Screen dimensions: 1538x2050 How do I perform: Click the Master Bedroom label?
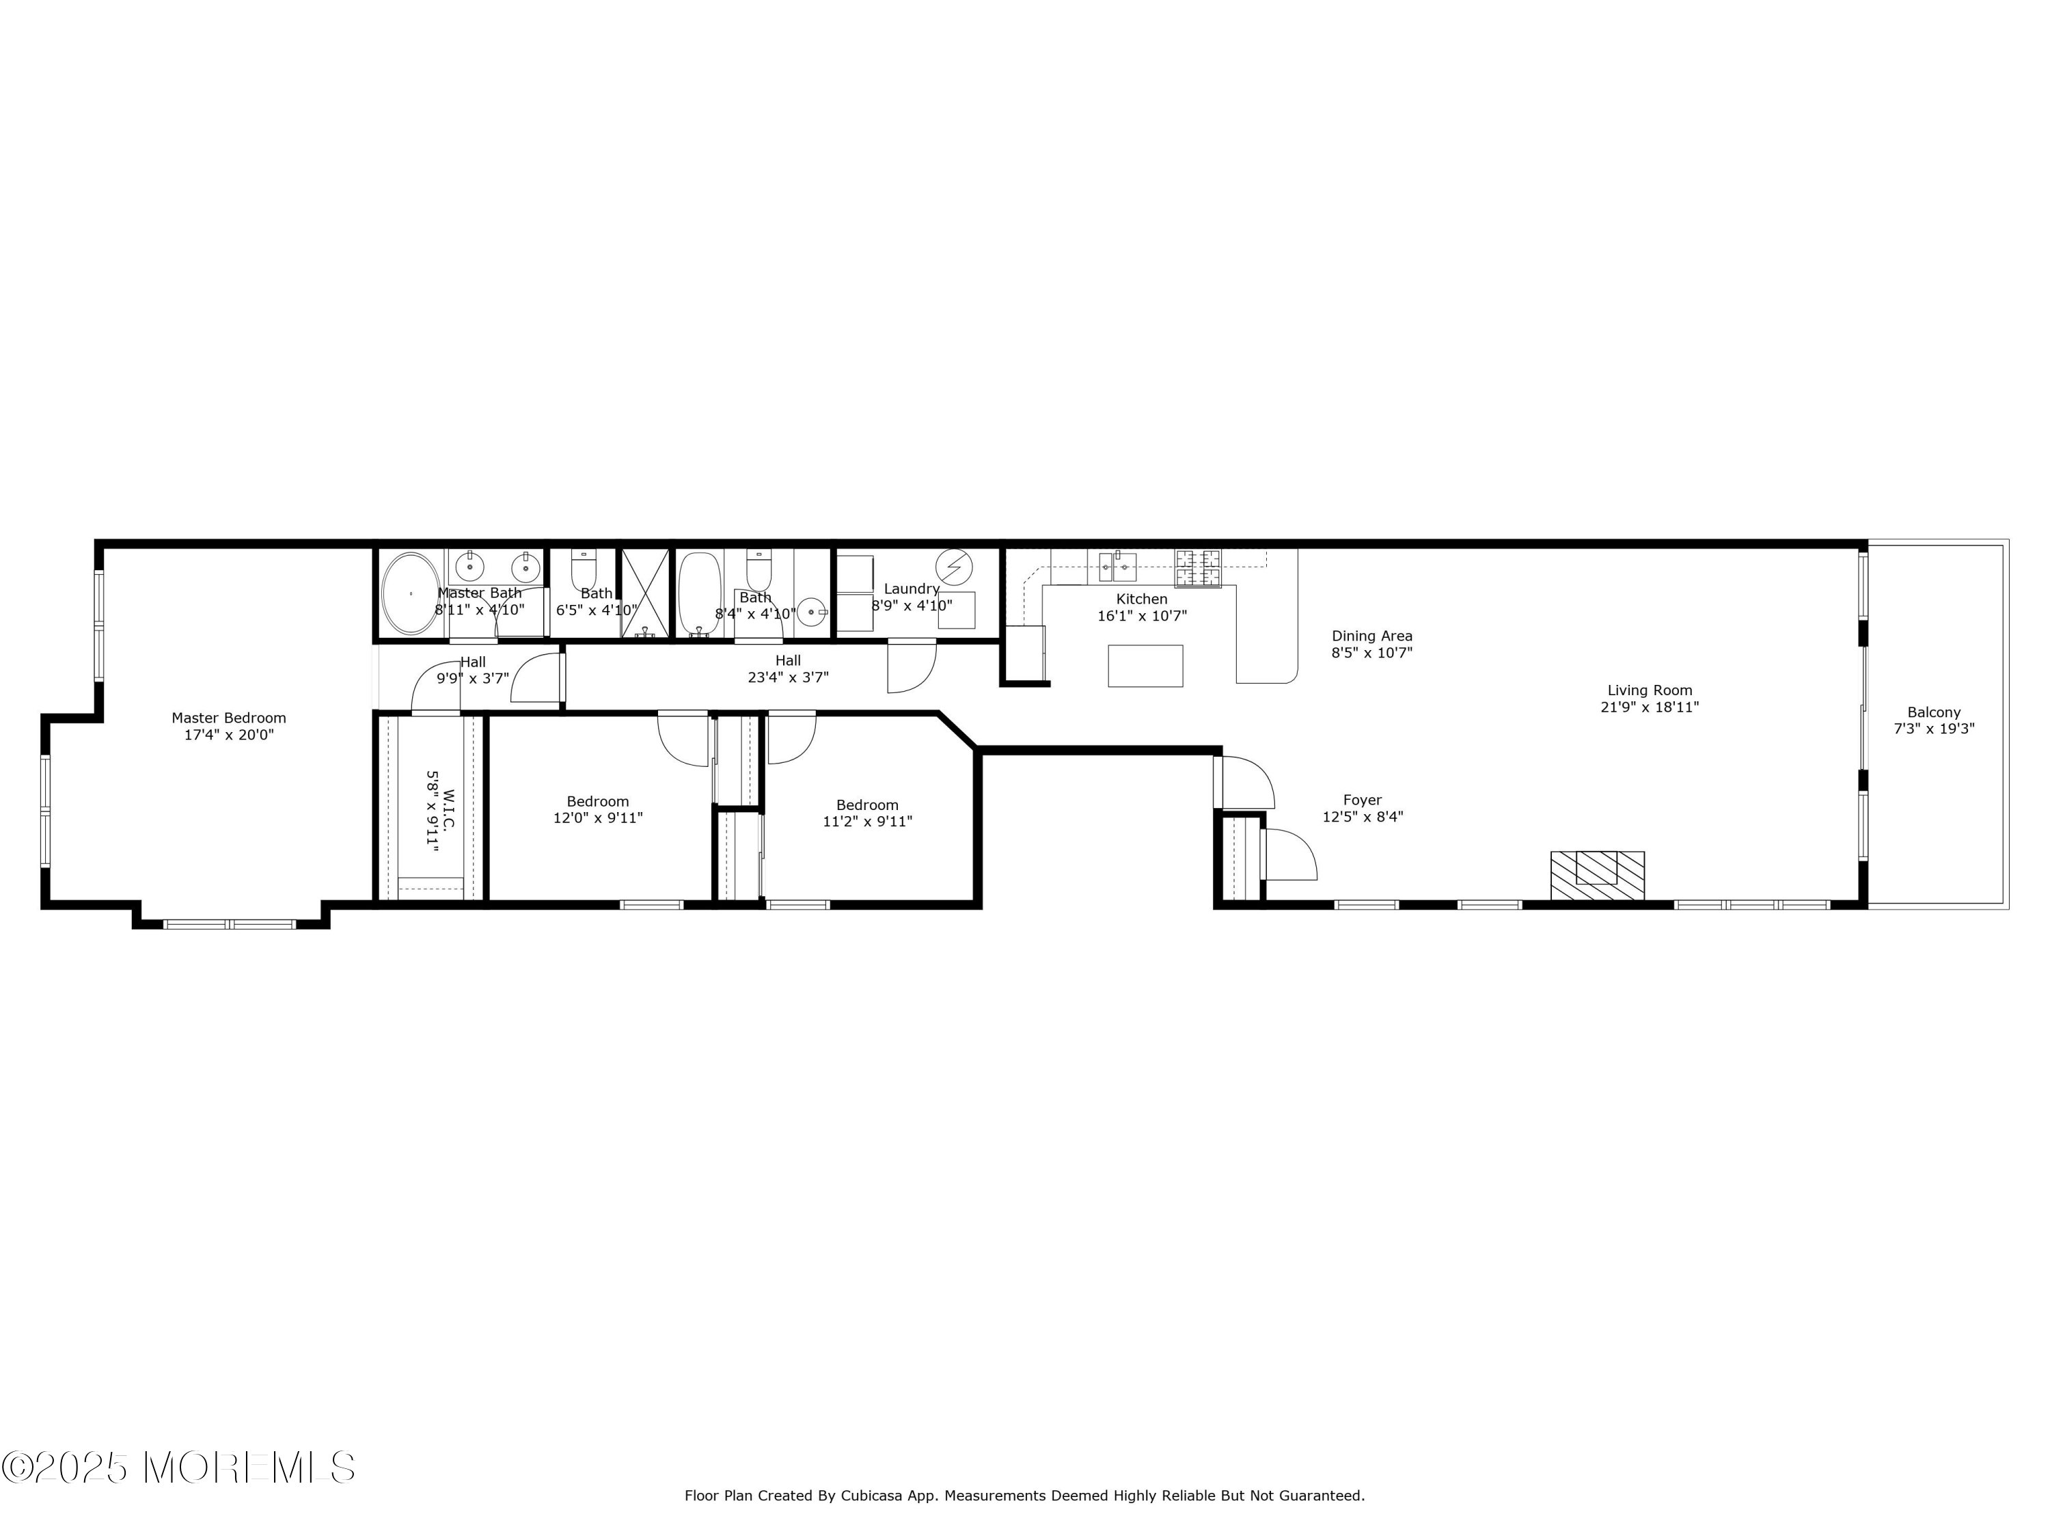[x=228, y=718]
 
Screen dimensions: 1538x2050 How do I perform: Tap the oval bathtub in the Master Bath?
[x=411, y=593]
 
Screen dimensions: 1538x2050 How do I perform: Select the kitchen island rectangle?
[x=1145, y=666]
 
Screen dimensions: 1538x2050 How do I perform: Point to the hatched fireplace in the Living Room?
[x=1597, y=875]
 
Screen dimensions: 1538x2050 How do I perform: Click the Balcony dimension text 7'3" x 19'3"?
[x=1933, y=729]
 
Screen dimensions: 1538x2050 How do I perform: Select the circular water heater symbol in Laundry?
[x=954, y=565]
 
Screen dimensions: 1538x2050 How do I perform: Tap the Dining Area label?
[x=1371, y=636]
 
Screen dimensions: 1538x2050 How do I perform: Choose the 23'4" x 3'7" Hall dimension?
[x=788, y=677]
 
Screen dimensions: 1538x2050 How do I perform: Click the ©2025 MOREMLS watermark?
[x=178, y=1468]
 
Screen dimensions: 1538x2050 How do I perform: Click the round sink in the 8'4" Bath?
[x=812, y=612]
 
